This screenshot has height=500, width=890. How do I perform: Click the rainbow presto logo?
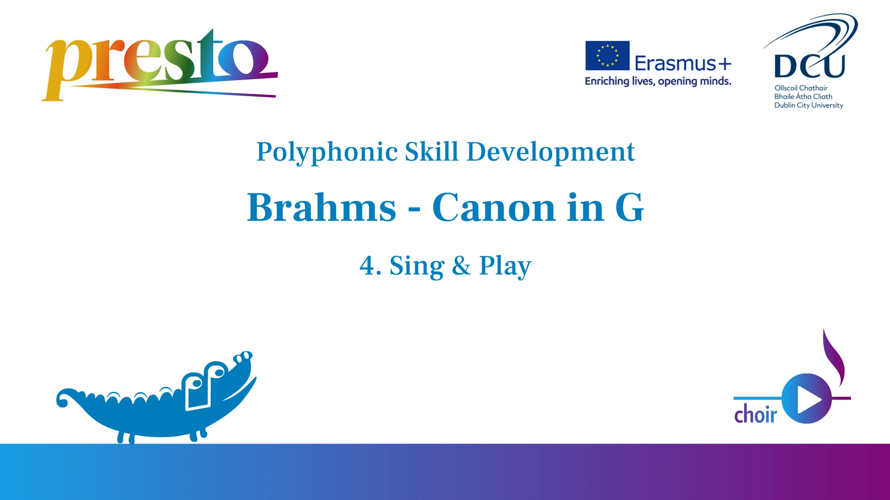click(x=160, y=65)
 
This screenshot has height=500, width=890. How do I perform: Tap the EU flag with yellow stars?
click(x=607, y=56)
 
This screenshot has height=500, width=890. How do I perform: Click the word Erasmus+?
click(x=683, y=63)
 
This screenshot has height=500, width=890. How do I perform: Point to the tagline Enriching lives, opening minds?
click(x=658, y=81)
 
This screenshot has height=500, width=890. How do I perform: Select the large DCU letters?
click(x=809, y=66)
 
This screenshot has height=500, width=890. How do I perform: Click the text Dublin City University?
click(x=808, y=106)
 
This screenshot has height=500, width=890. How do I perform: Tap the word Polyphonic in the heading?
click(x=327, y=152)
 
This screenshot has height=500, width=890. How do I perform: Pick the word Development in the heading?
click(x=550, y=152)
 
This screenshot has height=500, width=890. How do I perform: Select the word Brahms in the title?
click(x=322, y=207)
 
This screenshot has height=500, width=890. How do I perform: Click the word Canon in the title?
click(x=494, y=207)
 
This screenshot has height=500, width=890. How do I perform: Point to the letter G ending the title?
click(x=629, y=207)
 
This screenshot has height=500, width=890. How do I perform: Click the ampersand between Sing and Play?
click(x=461, y=266)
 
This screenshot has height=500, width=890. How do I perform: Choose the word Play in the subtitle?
click(x=505, y=267)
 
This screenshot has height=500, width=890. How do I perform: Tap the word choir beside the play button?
click(x=756, y=414)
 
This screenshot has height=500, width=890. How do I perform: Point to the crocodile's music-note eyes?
click(x=204, y=377)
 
